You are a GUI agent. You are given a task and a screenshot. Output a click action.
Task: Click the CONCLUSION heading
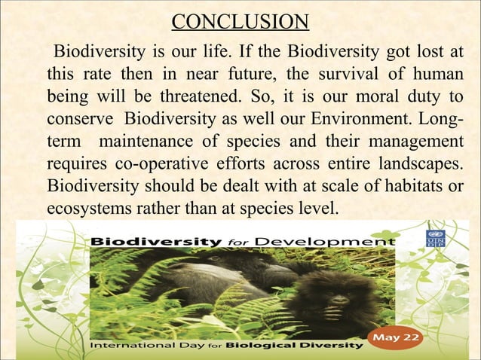point(240,20)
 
